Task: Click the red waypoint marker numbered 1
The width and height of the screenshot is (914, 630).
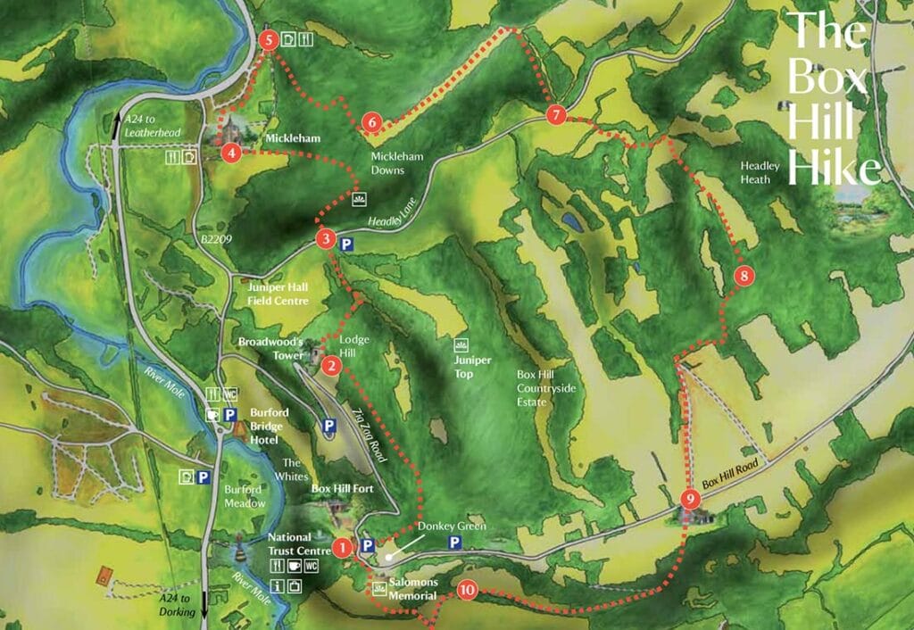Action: tap(341, 547)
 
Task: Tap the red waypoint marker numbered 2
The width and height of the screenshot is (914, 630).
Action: tap(331, 365)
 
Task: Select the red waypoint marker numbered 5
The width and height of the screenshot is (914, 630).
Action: tap(268, 40)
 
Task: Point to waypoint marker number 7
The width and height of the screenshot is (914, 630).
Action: tap(555, 115)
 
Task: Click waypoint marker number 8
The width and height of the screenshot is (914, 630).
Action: tap(744, 276)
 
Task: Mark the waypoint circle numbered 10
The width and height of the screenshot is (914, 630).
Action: tap(467, 591)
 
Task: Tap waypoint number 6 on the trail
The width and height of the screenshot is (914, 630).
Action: tap(372, 123)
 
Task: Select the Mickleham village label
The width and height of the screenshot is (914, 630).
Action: tap(292, 139)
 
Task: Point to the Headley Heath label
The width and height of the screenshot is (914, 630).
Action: tap(760, 172)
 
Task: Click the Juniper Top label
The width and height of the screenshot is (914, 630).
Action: tap(472, 366)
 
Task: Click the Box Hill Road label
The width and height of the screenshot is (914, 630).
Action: tap(735, 477)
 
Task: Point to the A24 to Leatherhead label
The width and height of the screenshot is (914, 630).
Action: tap(153, 126)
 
